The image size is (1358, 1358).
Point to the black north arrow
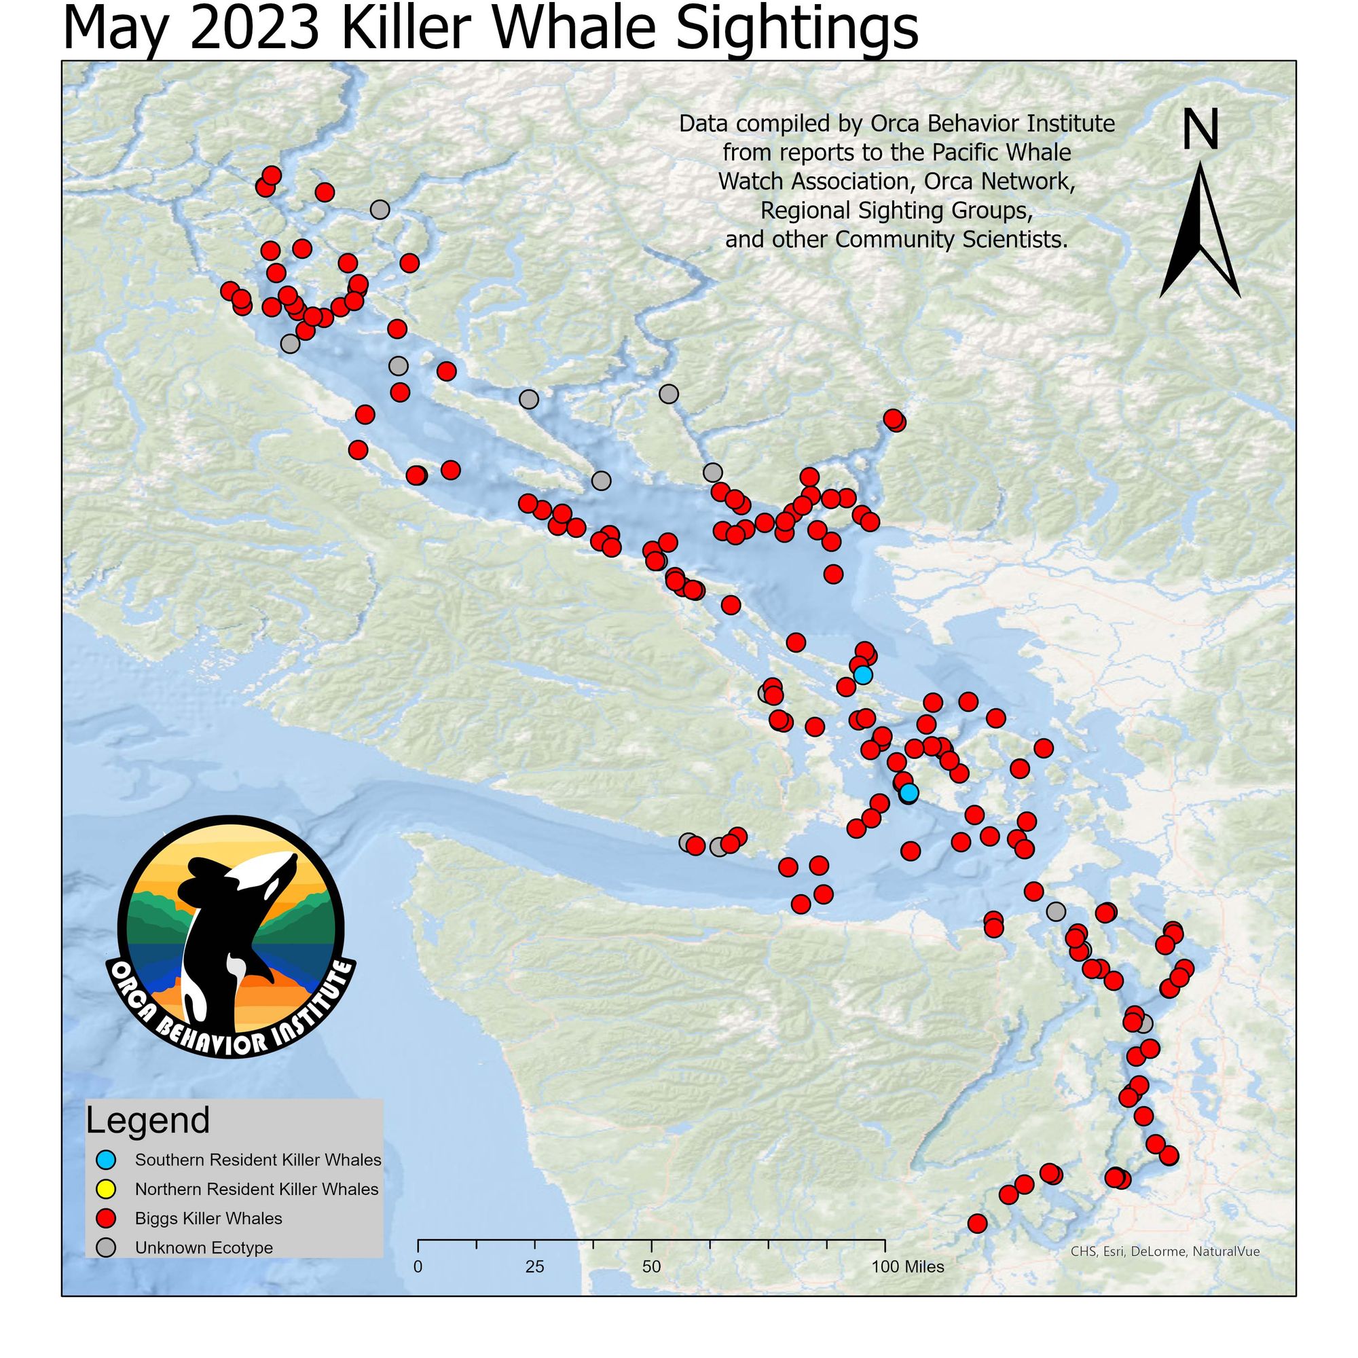click(x=1200, y=232)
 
